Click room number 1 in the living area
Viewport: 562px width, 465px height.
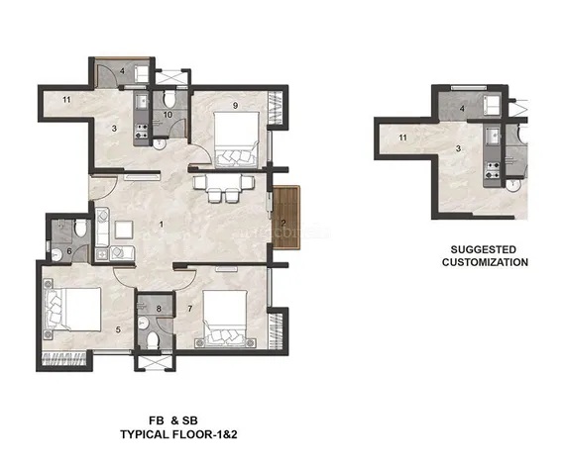click(162, 225)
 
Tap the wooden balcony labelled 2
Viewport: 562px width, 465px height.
click(285, 217)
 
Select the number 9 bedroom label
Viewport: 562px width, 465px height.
click(235, 106)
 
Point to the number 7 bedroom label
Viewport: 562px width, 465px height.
click(190, 309)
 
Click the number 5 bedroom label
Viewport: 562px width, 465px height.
click(118, 329)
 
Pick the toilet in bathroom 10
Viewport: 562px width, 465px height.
click(169, 99)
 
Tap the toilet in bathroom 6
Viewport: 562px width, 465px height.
click(80, 228)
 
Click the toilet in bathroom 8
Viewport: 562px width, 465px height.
click(153, 339)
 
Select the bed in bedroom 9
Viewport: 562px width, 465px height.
click(236, 139)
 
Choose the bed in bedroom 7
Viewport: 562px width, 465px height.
click(225, 319)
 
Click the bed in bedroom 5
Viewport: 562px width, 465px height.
click(72, 309)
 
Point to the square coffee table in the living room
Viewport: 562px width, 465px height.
click(124, 230)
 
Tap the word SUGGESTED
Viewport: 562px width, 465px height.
click(483, 249)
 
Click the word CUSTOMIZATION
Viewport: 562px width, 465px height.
click(485, 262)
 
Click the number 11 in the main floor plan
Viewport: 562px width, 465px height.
click(66, 100)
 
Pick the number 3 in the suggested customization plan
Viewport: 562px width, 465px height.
click(458, 148)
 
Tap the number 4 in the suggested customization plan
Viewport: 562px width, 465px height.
click(462, 108)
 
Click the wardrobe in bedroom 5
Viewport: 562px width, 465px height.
click(64, 358)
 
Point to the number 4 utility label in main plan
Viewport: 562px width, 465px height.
click(122, 71)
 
